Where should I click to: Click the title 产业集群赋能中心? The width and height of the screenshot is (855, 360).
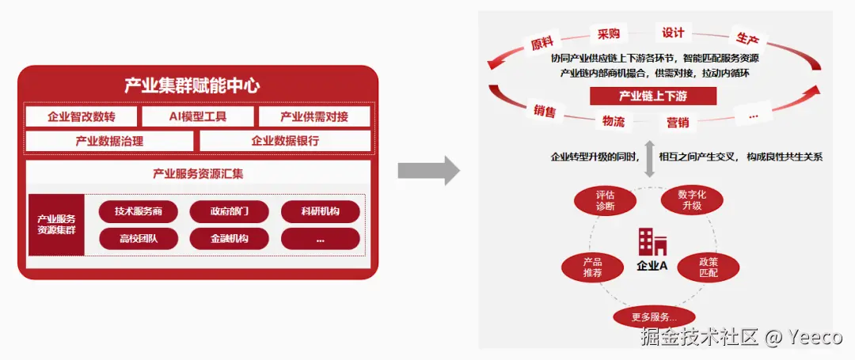[192, 85]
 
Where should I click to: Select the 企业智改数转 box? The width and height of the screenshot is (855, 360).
[82, 117]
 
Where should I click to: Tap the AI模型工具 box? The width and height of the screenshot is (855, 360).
[198, 117]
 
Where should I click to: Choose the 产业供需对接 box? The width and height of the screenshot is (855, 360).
[314, 117]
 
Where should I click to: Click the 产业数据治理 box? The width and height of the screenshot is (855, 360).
[109, 142]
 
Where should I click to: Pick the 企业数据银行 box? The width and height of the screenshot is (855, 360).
[285, 142]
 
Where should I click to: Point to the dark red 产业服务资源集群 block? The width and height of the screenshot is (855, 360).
[56, 225]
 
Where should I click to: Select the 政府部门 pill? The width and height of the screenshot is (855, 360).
[230, 211]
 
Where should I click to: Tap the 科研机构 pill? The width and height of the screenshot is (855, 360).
[321, 211]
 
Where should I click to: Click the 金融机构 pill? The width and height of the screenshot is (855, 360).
[230, 238]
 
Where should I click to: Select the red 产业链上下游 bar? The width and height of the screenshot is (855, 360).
[653, 97]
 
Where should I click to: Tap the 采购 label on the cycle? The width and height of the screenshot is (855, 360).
[609, 35]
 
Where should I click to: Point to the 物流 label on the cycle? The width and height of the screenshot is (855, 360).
[614, 121]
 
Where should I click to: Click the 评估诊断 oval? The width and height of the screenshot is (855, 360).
[605, 200]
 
